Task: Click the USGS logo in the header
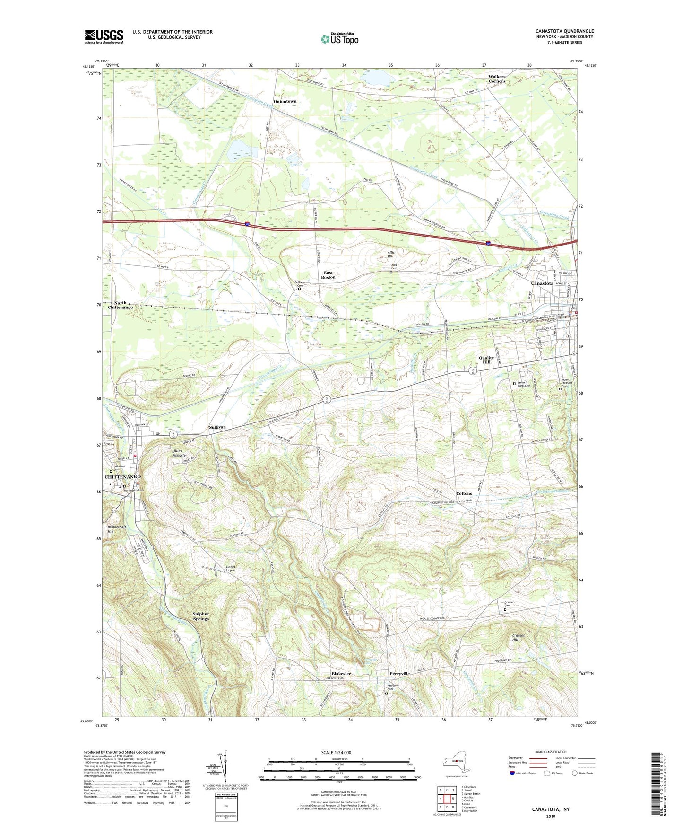pos(104,36)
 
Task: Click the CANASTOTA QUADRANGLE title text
pos(564,31)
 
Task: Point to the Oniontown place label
pos(285,101)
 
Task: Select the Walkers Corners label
pos(497,79)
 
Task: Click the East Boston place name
pos(328,275)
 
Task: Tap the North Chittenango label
pos(120,305)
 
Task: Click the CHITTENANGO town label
pos(122,477)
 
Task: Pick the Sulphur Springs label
pos(200,616)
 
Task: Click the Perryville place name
pos(399,673)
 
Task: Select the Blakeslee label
pos(341,673)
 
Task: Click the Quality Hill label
pos(486,360)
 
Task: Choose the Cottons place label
pos(464,493)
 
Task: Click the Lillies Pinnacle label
pos(180,453)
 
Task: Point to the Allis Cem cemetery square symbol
pos(391,272)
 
